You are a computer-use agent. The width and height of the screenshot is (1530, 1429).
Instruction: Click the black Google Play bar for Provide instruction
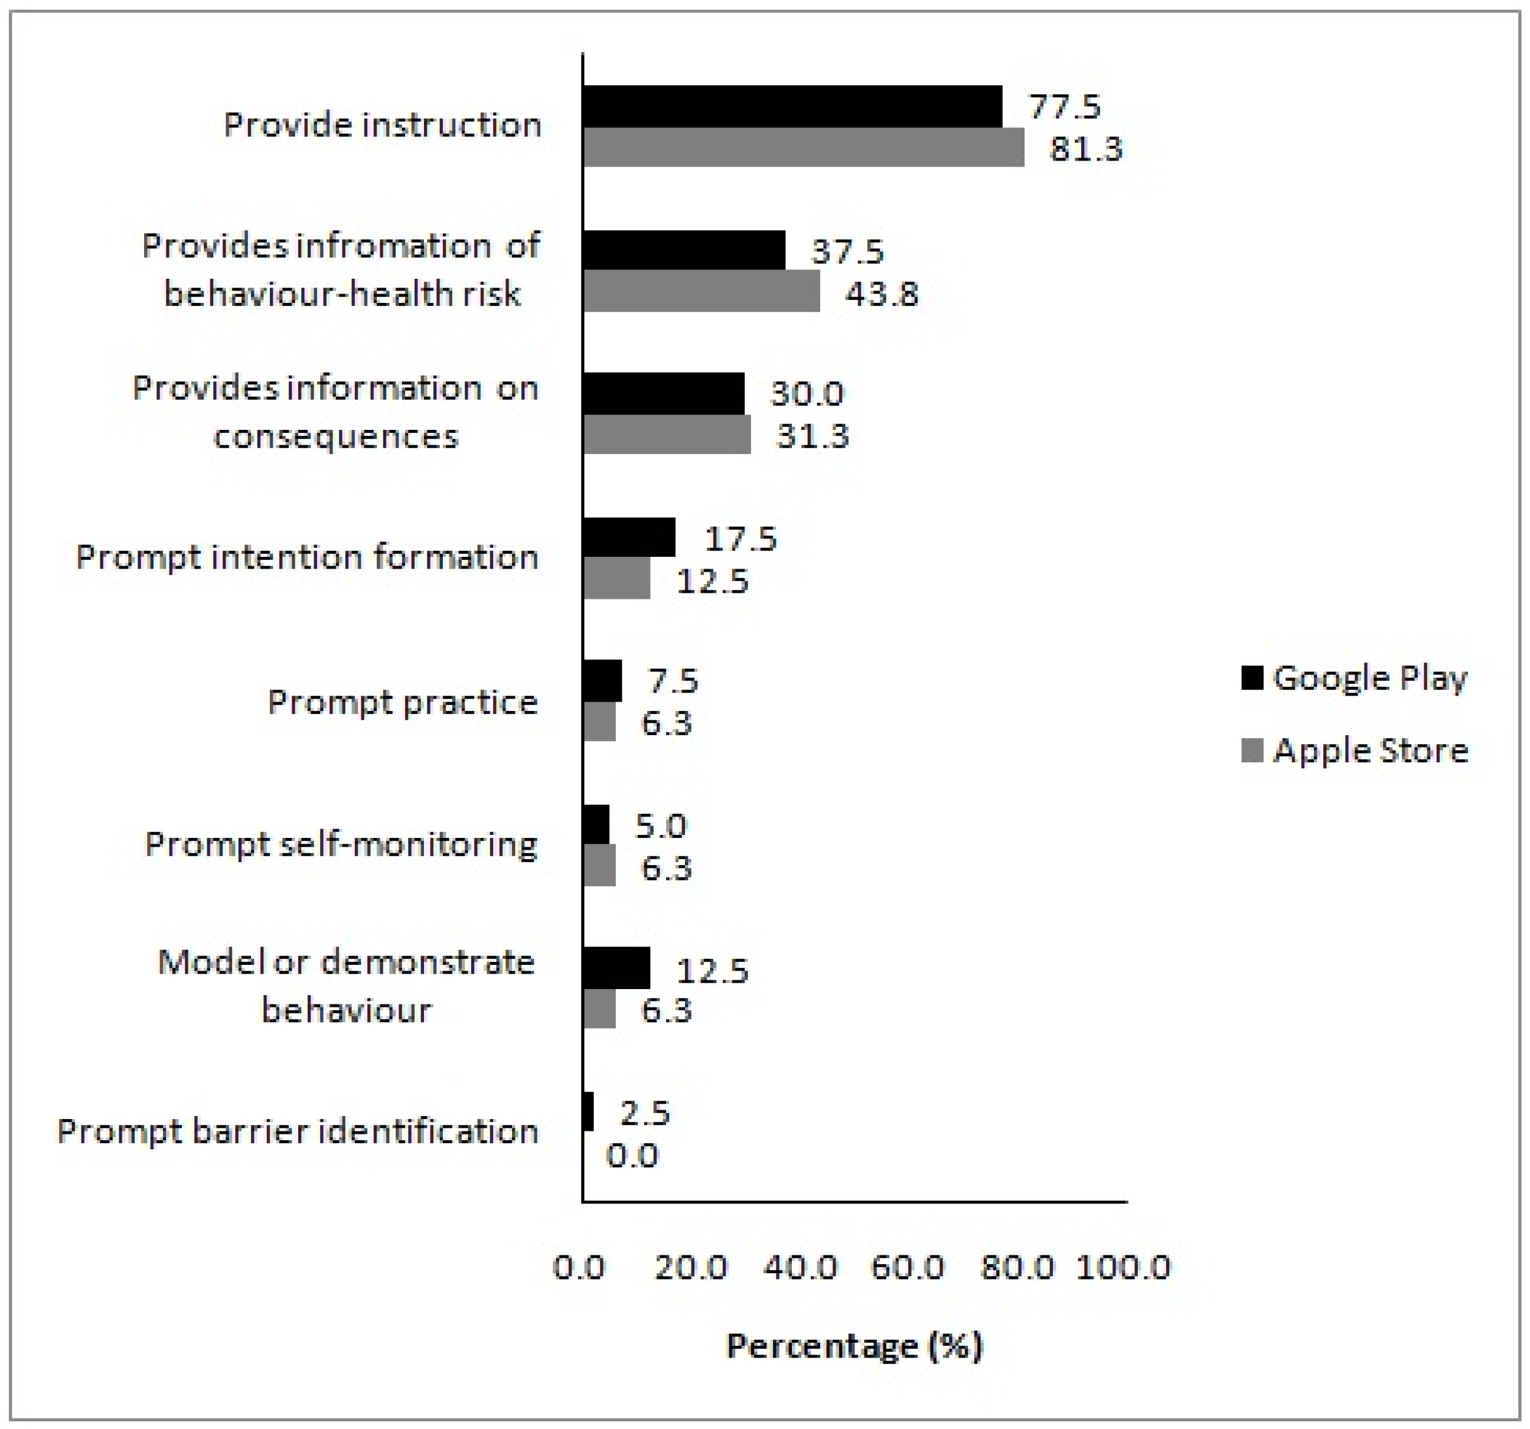pos(792,106)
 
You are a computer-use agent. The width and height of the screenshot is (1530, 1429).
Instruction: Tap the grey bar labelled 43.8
pos(701,292)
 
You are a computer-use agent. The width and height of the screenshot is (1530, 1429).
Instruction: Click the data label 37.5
pos(847,252)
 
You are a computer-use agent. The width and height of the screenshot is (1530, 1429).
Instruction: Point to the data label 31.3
pos(812,436)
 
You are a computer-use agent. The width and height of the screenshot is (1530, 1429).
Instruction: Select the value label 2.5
pos(645,1112)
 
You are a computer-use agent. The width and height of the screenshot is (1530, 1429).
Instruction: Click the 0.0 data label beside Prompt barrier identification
pos(632,1156)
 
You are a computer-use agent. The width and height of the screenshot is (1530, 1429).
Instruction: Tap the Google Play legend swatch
pos(1252,677)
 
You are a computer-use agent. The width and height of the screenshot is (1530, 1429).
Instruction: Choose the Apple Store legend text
pos(1371,751)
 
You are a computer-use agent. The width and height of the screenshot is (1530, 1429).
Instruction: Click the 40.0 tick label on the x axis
pos(800,1267)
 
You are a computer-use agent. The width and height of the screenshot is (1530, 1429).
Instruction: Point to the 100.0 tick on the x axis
pos(1123,1267)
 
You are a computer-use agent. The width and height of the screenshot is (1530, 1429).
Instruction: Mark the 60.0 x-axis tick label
pos(908,1267)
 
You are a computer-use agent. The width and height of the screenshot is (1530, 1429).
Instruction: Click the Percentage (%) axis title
pos(854,1346)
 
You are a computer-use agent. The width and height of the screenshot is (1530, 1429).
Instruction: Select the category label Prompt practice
pos(403,702)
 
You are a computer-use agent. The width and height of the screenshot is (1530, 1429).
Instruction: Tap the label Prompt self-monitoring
pos(341,845)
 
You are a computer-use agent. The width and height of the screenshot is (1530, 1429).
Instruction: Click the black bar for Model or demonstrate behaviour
pos(616,968)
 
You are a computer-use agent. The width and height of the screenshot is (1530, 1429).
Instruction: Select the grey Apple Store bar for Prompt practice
pos(599,722)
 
